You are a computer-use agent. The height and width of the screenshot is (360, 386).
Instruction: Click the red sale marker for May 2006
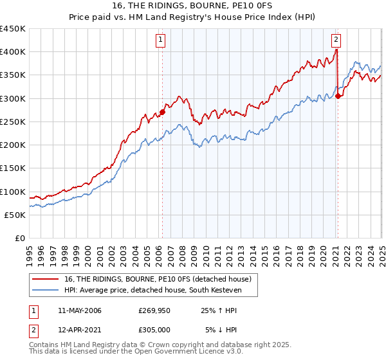pyautogui.click(x=162, y=112)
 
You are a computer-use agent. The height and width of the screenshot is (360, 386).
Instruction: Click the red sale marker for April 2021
pyautogui.click(x=338, y=96)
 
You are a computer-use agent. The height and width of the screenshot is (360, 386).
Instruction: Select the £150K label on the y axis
pyautogui.click(x=13, y=168)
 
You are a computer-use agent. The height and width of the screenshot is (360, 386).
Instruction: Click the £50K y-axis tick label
pyautogui.click(x=15, y=215)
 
